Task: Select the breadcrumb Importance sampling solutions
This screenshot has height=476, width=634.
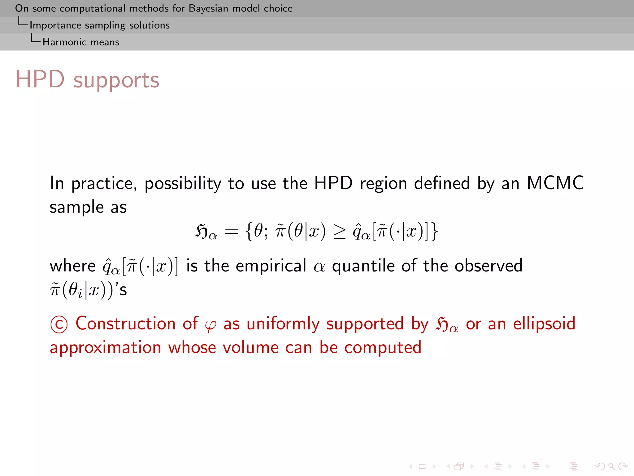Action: [99, 25]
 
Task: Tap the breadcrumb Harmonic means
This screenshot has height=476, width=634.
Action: [81, 42]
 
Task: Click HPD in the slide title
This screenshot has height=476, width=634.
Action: [40, 79]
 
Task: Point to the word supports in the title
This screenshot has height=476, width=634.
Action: [116, 81]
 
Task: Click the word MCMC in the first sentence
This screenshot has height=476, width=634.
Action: [555, 183]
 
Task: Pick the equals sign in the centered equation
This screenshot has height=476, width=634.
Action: [231, 231]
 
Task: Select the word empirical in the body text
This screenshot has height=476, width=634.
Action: [271, 266]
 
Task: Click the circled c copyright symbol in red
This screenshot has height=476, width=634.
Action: [59, 324]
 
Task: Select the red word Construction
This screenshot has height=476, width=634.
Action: [126, 324]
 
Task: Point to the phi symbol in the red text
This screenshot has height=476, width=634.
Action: [211, 325]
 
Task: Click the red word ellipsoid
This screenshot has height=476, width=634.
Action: [544, 324]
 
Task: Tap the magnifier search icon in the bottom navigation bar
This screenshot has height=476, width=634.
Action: [611, 466]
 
